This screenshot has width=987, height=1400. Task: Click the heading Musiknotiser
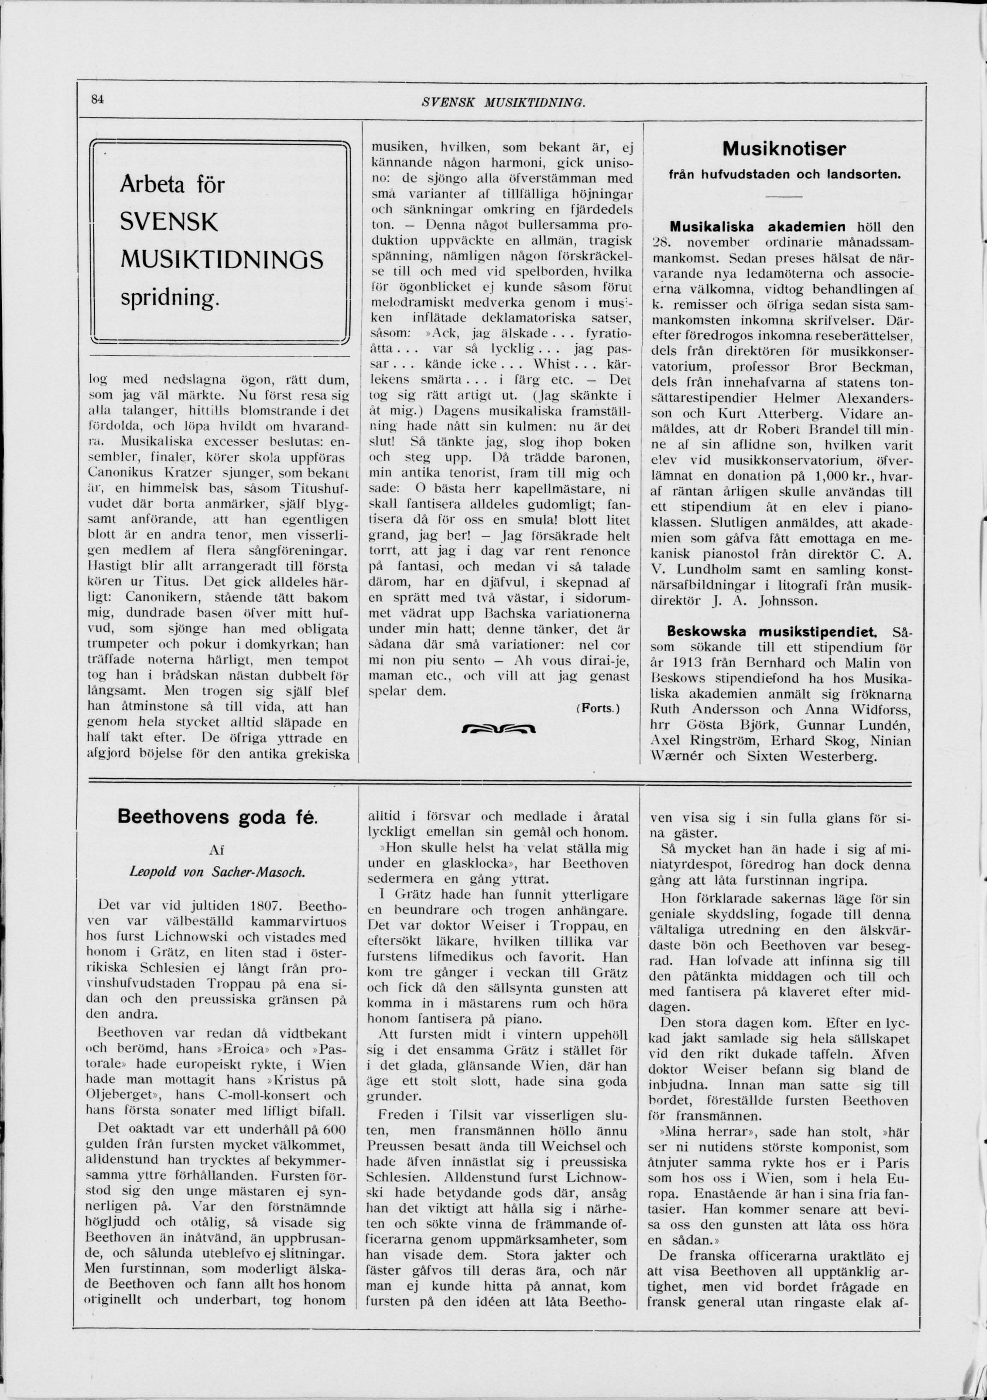[784, 149]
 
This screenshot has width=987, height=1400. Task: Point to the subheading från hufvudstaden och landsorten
[784, 174]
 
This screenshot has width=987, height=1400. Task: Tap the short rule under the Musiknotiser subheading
[784, 196]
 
